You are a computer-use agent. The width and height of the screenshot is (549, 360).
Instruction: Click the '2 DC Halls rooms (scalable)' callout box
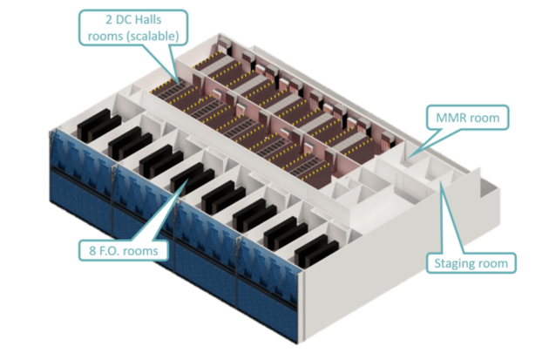pyautogui.click(x=133, y=27)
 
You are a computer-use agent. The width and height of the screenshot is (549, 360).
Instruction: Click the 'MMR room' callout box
pyautogui.click(x=465, y=114)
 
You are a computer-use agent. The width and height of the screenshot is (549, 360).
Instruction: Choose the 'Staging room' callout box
pyautogui.click(x=471, y=262)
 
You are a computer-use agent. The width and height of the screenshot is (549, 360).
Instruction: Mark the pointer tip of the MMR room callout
pyautogui.click(x=410, y=156)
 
